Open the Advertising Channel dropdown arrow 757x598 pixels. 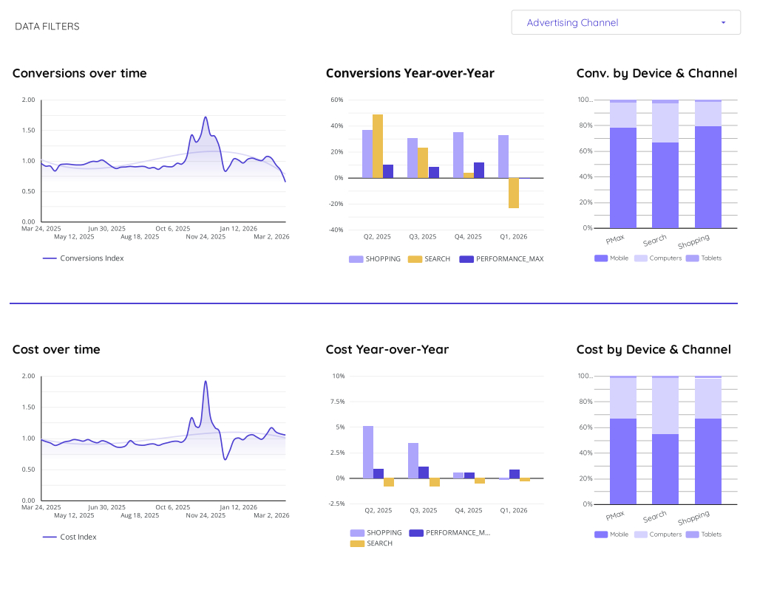click(x=723, y=23)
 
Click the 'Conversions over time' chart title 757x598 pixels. click(x=79, y=73)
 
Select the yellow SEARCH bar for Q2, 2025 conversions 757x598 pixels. click(x=378, y=146)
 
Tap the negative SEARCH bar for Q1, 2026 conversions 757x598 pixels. click(x=513, y=193)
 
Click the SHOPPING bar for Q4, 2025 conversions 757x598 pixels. click(x=458, y=155)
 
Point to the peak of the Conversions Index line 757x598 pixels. click(x=205, y=117)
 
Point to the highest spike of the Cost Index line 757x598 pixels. click(x=206, y=382)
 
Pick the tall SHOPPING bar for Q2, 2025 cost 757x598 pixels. click(x=368, y=452)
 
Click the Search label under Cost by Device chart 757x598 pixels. click(x=655, y=516)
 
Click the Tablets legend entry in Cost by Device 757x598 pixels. click(x=710, y=534)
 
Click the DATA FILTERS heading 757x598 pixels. click(x=47, y=27)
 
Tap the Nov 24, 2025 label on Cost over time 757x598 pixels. click(x=206, y=515)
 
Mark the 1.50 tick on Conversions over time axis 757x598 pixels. click(x=27, y=130)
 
